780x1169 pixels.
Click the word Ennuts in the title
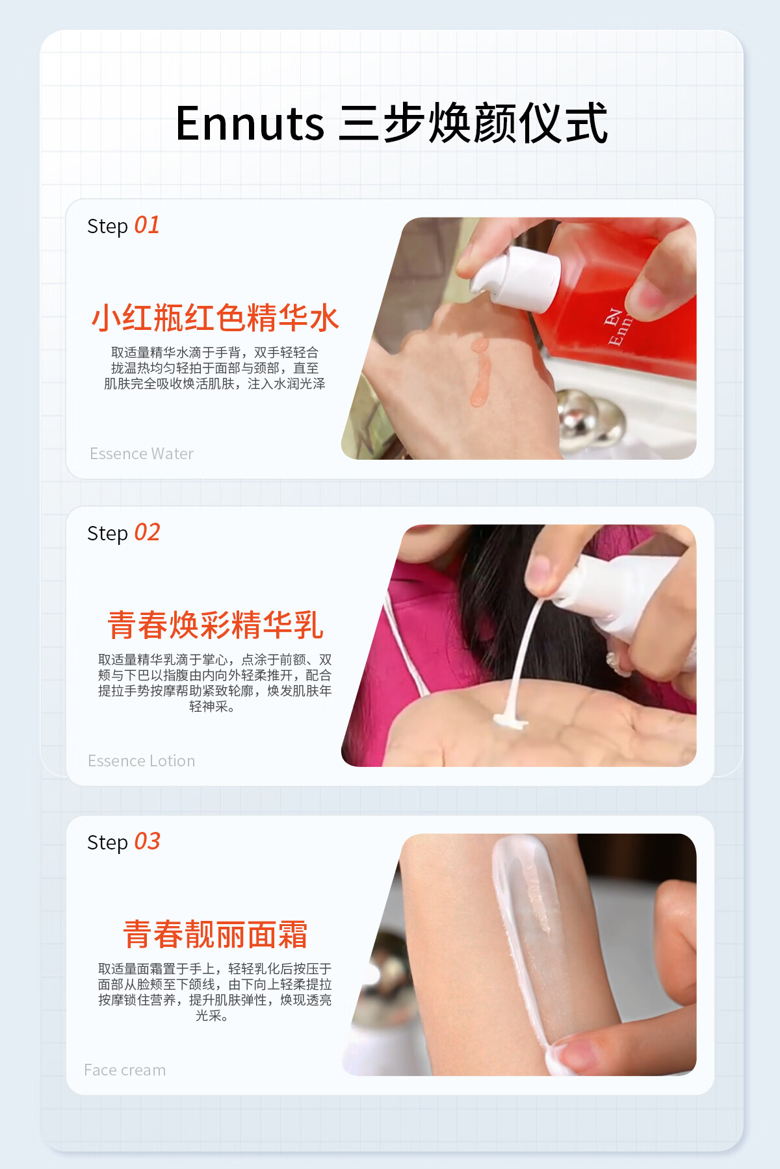(250, 123)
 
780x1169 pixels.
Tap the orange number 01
(147, 225)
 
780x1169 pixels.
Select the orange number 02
(147, 533)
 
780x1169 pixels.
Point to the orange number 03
(147, 842)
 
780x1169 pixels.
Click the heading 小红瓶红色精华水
(215, 318)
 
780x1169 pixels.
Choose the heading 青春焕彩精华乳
(215, 625)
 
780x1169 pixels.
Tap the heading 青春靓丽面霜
(215, 934)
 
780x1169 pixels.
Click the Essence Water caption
(142, 453)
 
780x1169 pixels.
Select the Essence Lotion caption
(142, 760)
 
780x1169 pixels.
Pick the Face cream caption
(125, 1070)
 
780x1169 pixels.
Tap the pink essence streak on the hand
(480, 371)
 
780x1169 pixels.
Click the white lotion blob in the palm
(510, 720)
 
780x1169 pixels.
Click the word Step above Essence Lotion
(107, 534)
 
